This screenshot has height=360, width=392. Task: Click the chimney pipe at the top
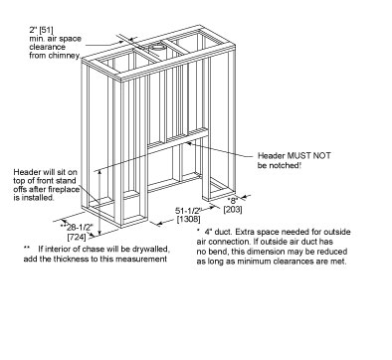pyautogui.click(x=157, y=47)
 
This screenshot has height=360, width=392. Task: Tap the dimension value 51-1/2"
pyautogui.click(x=188, y=211)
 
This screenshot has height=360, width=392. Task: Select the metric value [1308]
pyautogui.click(x=188, y=219)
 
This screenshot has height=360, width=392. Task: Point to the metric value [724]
pyautogui.click(x=77, y=237)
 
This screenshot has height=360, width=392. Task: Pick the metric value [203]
pyautogui.click(x=233, y=210)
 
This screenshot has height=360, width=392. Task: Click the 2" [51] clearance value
pyautogui.click(x=41, y=30)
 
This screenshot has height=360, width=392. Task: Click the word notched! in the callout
pyautogui.click(x=286, y=165)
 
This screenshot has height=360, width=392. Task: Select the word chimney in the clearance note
pyautogui.click(x=67, y=56)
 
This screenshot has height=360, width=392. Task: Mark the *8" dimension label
pyautogui.click(x=233, y=200)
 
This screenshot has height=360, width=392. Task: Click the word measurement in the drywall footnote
pyautogui.click(x=145, y=259)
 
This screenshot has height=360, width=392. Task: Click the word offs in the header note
pyautogui.click(x=20, y=189)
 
